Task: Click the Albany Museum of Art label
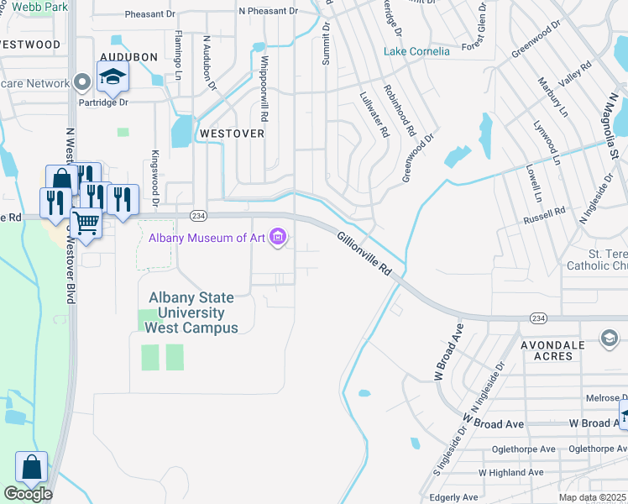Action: click(x=207, y=239)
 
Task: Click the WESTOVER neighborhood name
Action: click(x=231, y=134)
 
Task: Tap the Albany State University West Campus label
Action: click(x=191, y=312)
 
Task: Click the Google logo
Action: click(x=28, y=494)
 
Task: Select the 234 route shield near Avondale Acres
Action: click(x=537, y=318)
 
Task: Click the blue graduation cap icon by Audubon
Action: click(x=112, y=78)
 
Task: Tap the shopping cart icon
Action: click(x=86, y=223)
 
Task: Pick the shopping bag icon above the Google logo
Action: click(x=31, y=467)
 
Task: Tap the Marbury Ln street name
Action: click(x=552, y=99)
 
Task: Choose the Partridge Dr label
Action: click(x=110, y=102)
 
